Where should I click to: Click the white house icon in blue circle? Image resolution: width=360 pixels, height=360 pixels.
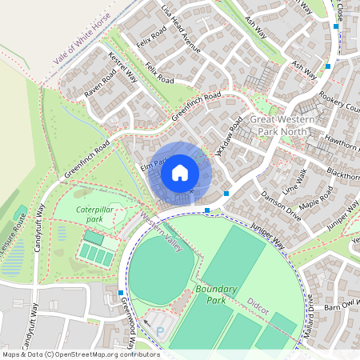pos(180,172)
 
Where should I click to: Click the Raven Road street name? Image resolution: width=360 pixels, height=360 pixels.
pos(100,83)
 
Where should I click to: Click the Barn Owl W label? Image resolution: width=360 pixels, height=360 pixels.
pos(341,306)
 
